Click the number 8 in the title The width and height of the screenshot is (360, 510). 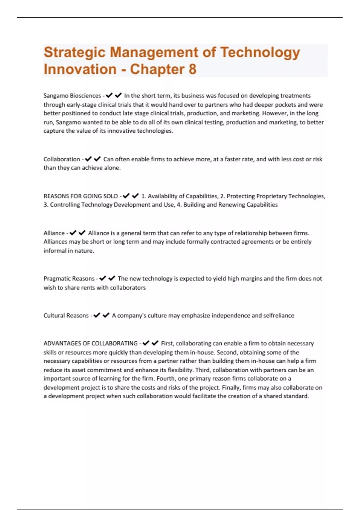click(192, 69)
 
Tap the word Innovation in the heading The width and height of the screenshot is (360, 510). click(80, 69)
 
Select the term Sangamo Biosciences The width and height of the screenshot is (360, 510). click(72, 96)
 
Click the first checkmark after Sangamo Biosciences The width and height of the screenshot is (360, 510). click(109, 95)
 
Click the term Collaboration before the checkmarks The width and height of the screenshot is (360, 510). click(62, 159)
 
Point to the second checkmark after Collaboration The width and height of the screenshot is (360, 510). click(97, 159)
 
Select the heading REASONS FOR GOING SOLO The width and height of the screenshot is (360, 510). click(81, 196)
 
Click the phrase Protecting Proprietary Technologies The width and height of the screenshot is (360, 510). click(276, 196)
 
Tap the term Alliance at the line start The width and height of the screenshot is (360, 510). click(54, 233)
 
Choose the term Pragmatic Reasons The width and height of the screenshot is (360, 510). click(69, 279)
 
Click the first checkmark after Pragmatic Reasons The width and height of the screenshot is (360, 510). click(103, 278)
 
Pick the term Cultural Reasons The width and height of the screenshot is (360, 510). click(66, 316)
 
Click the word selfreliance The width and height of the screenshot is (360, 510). click(279, 316)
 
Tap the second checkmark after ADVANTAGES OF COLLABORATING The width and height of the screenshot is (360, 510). click(155, 343)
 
